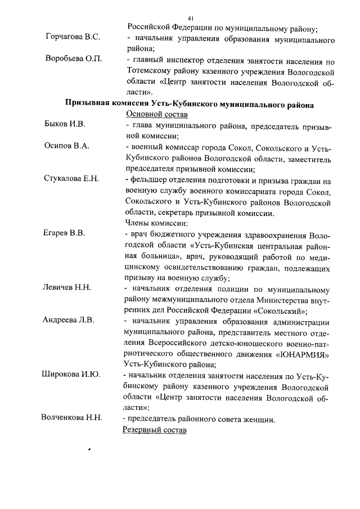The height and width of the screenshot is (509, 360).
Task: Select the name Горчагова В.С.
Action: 73,37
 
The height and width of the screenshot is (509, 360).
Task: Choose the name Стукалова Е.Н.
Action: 71,179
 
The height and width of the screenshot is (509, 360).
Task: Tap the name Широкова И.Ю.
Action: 72,374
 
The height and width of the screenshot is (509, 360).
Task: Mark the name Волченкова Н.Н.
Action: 71,417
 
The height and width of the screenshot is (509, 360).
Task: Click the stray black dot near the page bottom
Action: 89,449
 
